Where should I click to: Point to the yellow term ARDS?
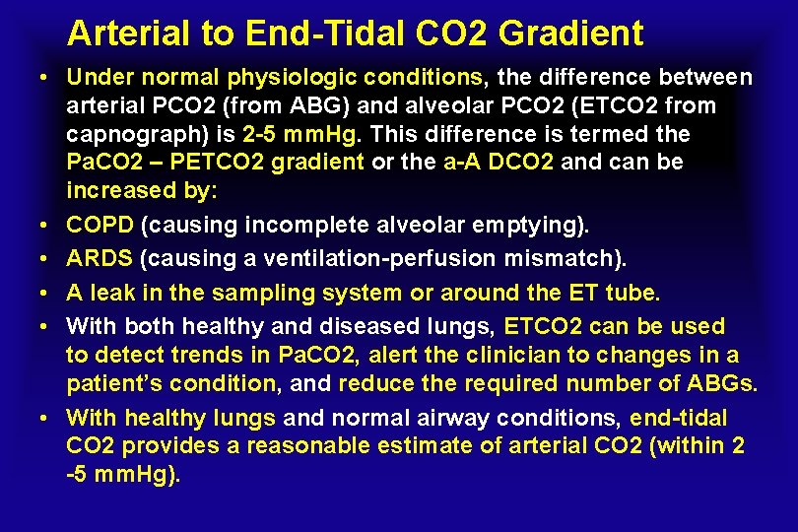point(100,258)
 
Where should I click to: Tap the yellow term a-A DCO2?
point(499,161)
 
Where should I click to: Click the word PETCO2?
point(198,161)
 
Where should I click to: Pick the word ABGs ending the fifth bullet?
point(723,383)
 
